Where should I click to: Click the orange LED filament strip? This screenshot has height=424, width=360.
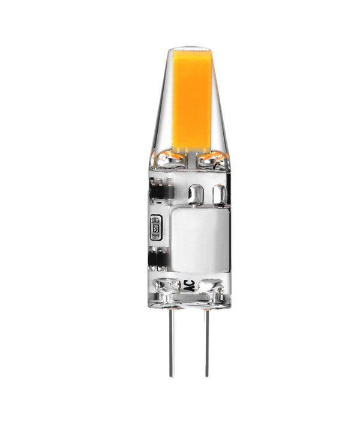pos(193,99)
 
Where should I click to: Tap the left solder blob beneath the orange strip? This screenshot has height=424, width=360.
pos(170,159)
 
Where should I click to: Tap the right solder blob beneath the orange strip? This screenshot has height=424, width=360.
pos(214,159)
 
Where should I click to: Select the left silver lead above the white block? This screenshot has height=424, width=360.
pos(196,195)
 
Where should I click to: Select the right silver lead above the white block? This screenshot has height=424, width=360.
pos(220,195)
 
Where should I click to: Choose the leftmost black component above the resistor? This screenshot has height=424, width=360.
pos(154,190)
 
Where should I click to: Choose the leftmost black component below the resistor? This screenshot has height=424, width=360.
pos(154,258)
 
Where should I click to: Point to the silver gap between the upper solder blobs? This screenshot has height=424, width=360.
pos(193,159)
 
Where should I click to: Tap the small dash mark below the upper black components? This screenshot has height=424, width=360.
pos(158,208)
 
